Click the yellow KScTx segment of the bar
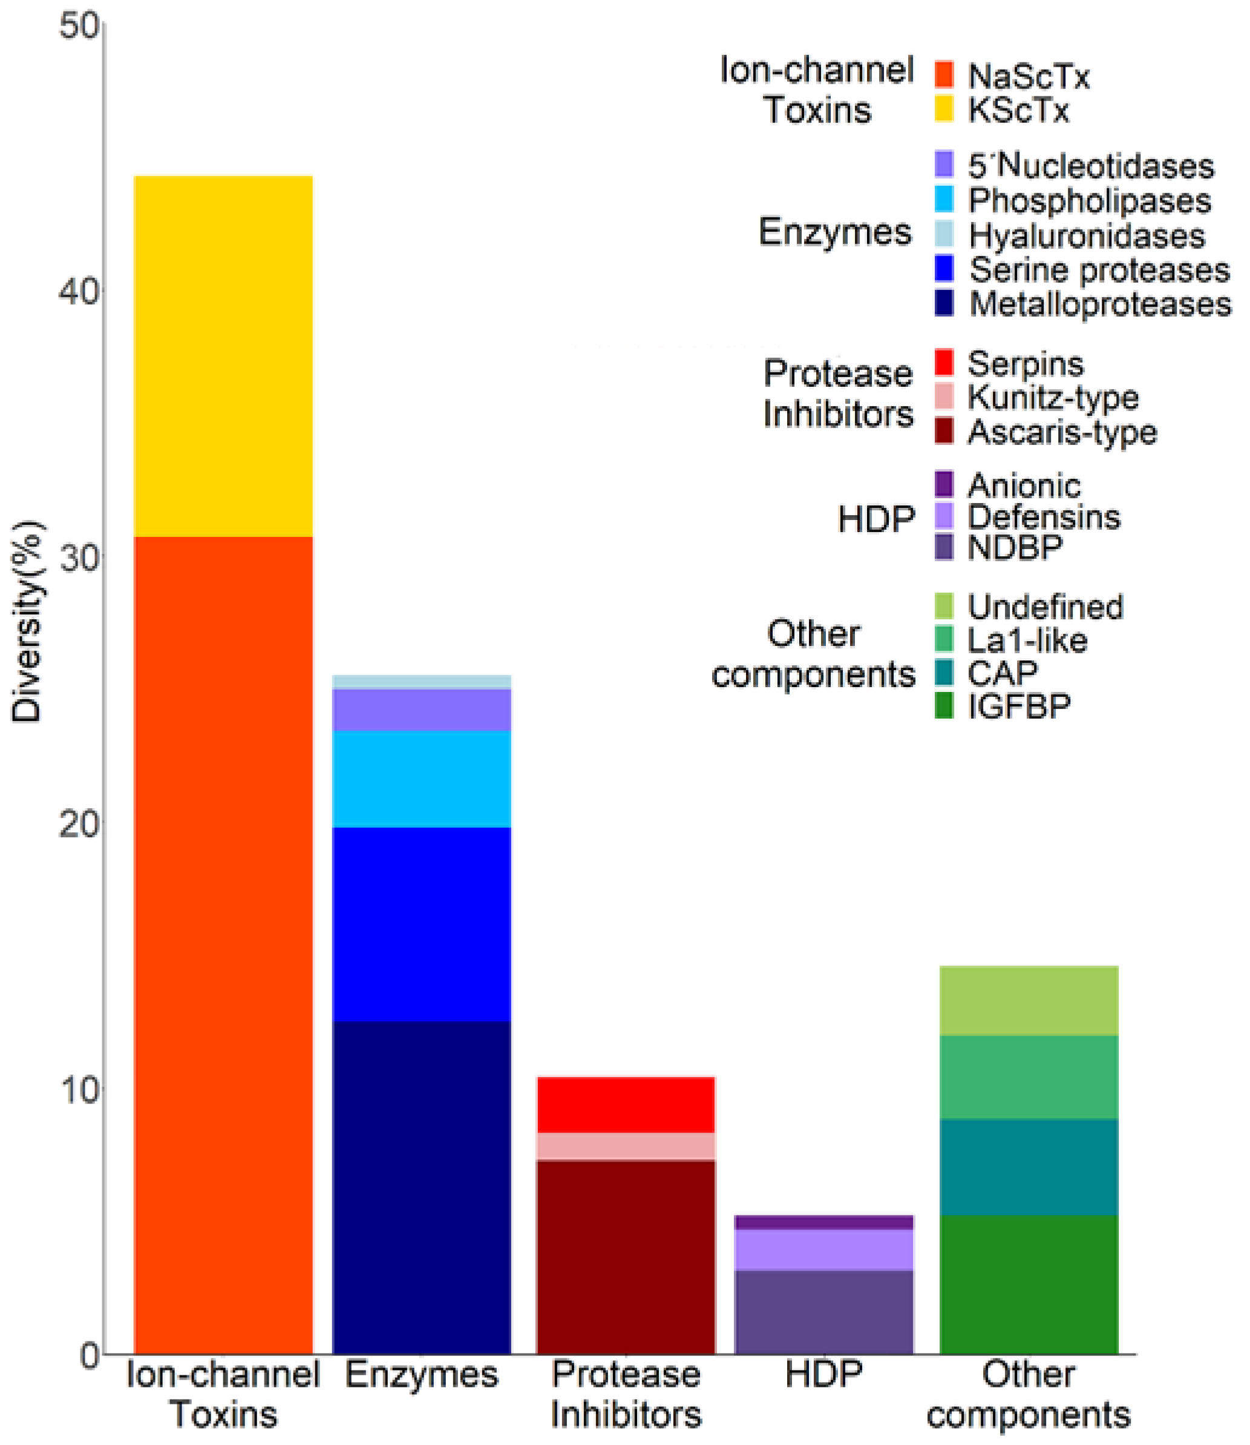pyautogui.click(x=223, y=356)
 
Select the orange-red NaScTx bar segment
pyautogui.click(x=223, y=942)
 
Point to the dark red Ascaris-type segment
pyautogui.click(x=626, y=1256)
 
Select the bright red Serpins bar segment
pyautogui.click(x=626, y=1105)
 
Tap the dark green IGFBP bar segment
pyautogui.click(x=1029, y=1284)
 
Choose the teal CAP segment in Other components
pyautogui.click(x=1029, y=1167)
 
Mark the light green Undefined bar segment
pyautogui.click(x=1029, y=1000)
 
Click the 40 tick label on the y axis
pyautogui.click(x=79, y=291)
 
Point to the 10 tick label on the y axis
pyautogui.click(x=79, y=1090)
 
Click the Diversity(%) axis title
pyautogui.click(x=28, y=621)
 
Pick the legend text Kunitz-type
pyautogui.click(x=1053, y=398)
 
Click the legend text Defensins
pyautogui.click(x=1044, y=518)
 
